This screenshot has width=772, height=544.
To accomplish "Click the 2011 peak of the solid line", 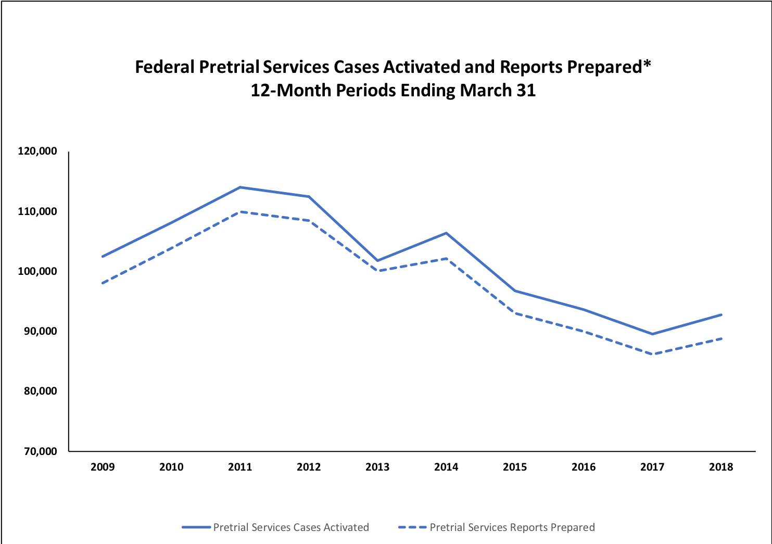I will (x=240, y=187).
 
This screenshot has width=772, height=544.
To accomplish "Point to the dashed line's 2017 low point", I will (x=652, y=355).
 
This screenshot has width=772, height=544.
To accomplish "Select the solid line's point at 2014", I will (x=446, y=233).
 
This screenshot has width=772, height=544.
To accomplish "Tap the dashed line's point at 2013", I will (x=377, y=271).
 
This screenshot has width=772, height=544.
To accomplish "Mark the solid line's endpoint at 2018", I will (x=721, y=314).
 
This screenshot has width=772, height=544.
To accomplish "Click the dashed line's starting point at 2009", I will (x=103, y=283).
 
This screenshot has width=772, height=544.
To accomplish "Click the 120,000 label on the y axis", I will (x=37, y=151).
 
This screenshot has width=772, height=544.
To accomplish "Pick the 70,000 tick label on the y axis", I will (x=40, y=451).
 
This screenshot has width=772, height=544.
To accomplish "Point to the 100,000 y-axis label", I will (x=37, y=271).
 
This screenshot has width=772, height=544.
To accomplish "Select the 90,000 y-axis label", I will (x=40, y=331).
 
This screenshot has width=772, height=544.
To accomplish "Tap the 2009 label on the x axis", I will (x=103, y=467).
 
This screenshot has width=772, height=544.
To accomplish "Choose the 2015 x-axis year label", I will (x=515, y=467).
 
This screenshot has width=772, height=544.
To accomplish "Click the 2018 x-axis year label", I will (x=721, y=467).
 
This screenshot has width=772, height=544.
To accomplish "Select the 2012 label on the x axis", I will (x=309, y=467).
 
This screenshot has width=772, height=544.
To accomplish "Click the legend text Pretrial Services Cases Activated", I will (x=291, y=527).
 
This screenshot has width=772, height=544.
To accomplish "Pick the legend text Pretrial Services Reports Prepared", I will (x=512, y=527).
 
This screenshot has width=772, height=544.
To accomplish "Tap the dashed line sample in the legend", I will (x=412, y=527).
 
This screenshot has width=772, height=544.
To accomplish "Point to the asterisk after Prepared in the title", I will (x=647, y=64).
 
